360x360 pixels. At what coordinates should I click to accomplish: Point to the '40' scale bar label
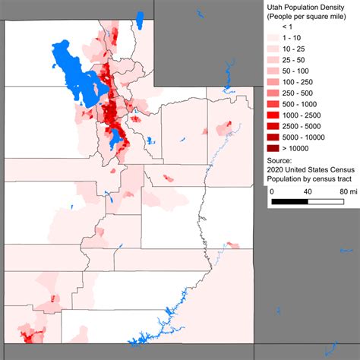click(x=307, y=191)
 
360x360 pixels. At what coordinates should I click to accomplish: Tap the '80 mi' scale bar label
click(x=347, y=191)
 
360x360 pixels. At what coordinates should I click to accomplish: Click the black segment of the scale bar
click(x=289, y=202)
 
